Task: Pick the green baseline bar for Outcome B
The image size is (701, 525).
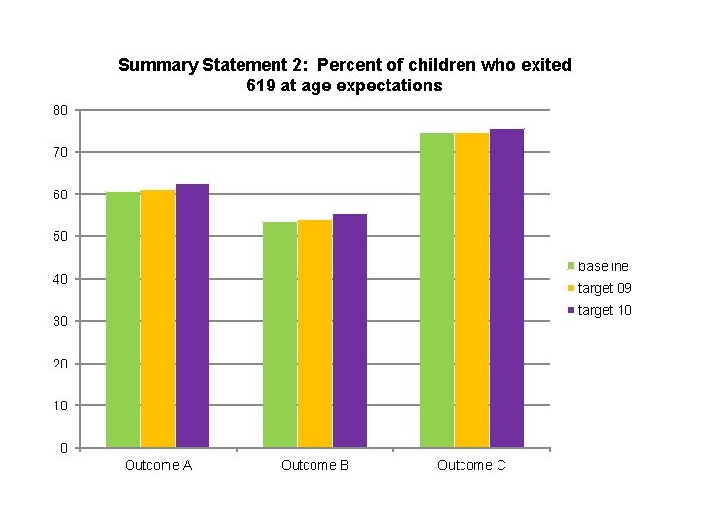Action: click(279, 334)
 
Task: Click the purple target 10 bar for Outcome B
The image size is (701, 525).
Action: click(350, 331)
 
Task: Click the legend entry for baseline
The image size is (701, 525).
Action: click(603, 266)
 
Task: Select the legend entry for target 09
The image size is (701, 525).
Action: click(604, 288)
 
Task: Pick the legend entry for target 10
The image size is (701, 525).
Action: click(604, 310)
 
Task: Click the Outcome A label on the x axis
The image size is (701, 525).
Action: click(158, 466)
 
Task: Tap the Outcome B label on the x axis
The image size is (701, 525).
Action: click(314, 466)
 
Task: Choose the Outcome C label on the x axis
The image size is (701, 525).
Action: click(471, 466)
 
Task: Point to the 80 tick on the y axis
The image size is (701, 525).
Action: click(60, 110)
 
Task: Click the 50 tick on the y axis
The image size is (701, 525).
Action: click(60, 237)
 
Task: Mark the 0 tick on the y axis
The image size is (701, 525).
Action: click(63, 448)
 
